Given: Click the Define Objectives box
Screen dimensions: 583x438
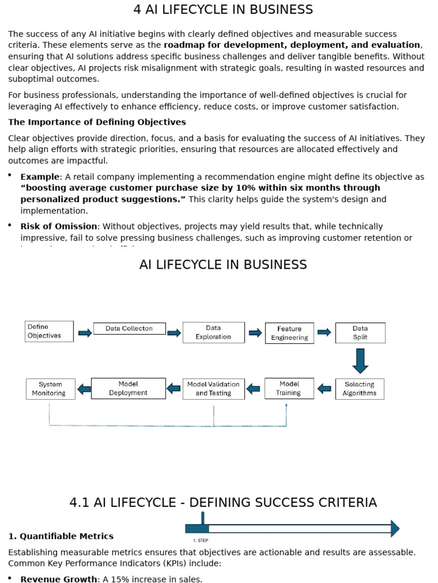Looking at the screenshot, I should pos(49,331).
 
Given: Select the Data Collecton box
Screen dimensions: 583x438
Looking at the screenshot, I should pos(129,329).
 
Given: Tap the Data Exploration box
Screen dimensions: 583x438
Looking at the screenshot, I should pos(213,332).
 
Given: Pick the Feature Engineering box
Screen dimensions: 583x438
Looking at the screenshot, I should pos(289,333).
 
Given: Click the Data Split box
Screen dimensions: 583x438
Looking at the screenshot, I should pos(360,332).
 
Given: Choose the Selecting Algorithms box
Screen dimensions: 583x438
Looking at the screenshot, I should pos(359,389).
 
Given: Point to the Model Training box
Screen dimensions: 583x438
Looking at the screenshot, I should pos(289,388).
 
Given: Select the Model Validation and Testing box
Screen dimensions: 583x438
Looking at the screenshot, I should pos(213,389).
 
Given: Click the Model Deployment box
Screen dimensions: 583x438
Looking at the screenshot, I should pos(128,388).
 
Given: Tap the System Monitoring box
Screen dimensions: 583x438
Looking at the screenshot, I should pos(50,389).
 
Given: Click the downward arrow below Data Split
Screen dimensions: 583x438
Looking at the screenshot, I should pos(360,360).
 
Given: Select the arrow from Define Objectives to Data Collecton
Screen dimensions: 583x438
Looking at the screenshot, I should pos(84,333).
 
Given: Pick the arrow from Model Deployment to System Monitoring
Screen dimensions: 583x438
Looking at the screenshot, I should pos(84,389).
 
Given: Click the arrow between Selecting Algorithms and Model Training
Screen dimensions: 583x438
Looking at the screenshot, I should pos(324,389).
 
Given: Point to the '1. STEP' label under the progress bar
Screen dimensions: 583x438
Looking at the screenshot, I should pos(200,540).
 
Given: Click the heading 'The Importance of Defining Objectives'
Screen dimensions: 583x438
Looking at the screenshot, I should pos(97,122).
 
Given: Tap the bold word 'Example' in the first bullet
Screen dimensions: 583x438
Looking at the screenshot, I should pos(40,177).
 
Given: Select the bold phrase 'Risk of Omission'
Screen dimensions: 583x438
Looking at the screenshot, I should pos(59,227).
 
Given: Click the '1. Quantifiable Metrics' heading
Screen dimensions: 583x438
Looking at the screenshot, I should pos(60,536).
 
